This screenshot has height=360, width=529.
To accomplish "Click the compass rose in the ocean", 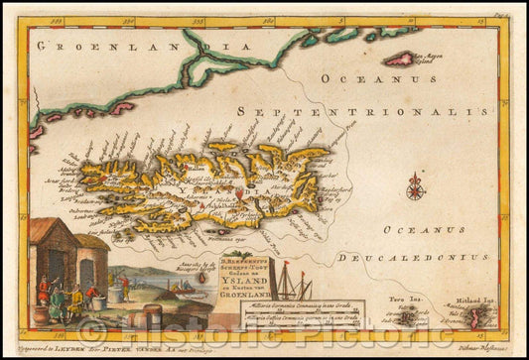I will pyautogui.click(x=415, y=185).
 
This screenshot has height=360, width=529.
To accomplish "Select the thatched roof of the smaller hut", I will pyautogui.click(x=95, y=242).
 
